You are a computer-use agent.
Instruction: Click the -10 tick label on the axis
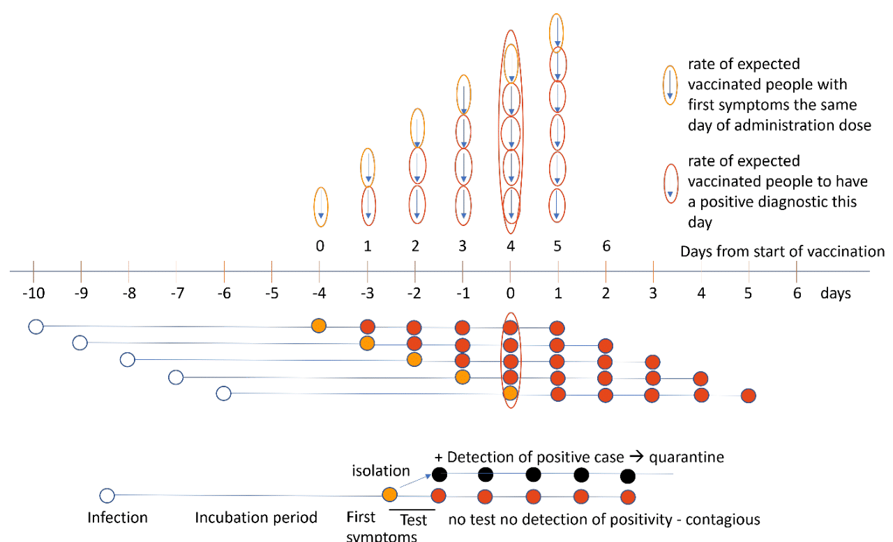[x=33, y=293]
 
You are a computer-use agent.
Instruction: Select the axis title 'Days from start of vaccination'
[x=782, y=251]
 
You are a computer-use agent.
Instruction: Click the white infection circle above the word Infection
[x=107, y=496]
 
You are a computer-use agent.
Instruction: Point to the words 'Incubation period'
[x=256, y=518]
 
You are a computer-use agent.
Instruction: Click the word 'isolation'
[x=381, y=472]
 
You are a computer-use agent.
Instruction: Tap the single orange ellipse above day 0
[x=320, y=207]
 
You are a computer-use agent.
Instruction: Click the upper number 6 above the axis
[x=606, y=246]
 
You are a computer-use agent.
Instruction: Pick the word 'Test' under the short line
[x=413, y=520]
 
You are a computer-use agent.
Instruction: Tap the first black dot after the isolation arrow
[x=439, y=475]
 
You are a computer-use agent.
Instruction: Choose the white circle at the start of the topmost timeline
[x=36, y=326]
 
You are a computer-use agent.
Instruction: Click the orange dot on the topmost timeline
[x=319, y=325]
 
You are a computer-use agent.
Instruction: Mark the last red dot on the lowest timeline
[x=749, y=396]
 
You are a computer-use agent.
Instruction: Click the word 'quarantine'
[x=686, y=458]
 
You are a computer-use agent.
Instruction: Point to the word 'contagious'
[x=726, y=520]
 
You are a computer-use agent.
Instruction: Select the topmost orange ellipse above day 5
[x=557, y=31]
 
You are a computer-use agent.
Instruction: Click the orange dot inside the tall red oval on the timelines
[x=511, y=393]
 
